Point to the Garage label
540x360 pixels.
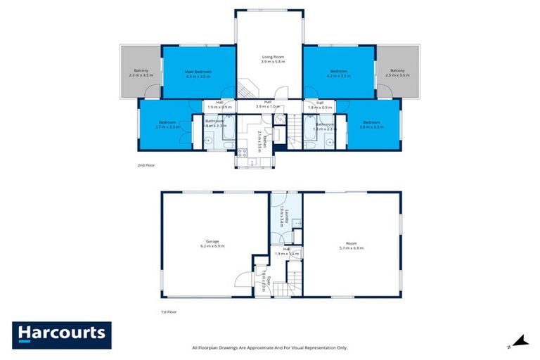coord(212,243)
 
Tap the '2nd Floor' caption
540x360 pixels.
coord(146,165)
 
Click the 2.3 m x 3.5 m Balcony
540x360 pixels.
coord(141,73)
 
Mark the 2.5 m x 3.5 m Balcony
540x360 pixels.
coord(398,73)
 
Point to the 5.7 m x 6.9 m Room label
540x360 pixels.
coord(352,245)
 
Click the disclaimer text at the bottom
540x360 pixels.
coord(270,347)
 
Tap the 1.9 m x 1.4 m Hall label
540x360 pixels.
coord(287,251)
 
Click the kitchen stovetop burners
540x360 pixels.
coord(243,153)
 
